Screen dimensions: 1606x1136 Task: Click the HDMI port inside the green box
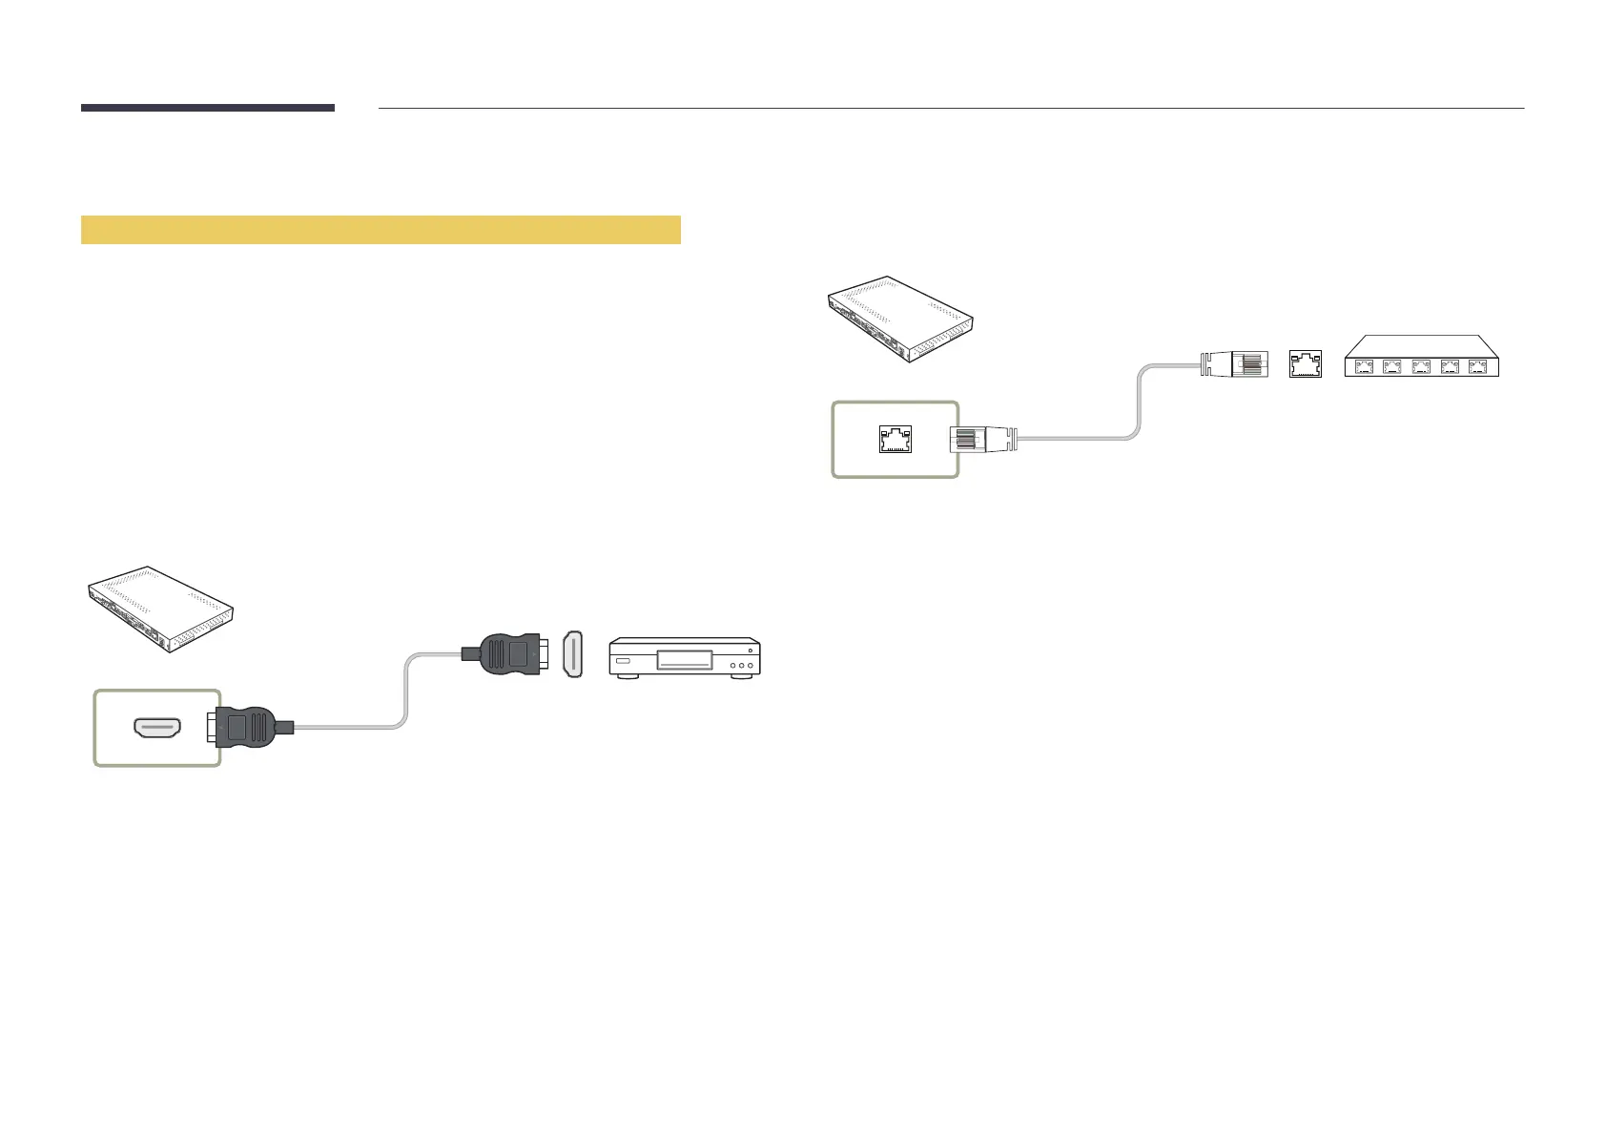[158, 730]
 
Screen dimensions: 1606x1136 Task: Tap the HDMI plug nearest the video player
[509, 655]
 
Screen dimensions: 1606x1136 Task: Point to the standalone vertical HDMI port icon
[572, 654]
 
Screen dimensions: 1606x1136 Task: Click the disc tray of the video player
[685, 660]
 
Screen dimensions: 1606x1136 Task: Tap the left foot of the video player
[626, 677]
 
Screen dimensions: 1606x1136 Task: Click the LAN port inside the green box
[895, 439]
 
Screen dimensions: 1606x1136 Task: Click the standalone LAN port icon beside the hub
[1305, 363]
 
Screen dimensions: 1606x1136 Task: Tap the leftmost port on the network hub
[1364, 364]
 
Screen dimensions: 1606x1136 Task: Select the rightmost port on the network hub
[1478, 364]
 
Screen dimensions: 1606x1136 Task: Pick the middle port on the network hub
[1421, 364]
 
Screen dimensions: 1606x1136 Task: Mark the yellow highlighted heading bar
[381, 230]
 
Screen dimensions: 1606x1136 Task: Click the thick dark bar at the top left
[208, 108]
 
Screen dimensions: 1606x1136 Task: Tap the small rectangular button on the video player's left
[623, 661]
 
